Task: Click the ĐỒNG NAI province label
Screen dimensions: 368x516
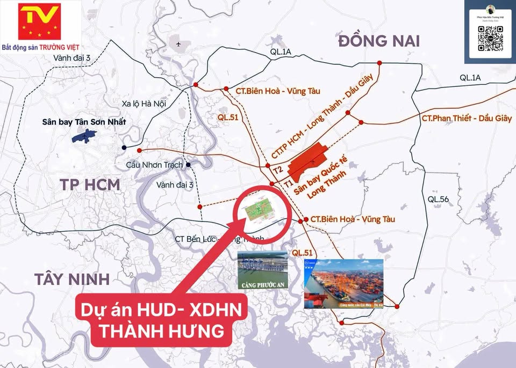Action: [379, 41]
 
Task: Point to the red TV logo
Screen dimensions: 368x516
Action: [39, 21]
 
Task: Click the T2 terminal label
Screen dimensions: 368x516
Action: [278, 170]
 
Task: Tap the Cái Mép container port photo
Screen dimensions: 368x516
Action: [343, 284]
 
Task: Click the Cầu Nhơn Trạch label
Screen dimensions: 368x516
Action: [154, 165]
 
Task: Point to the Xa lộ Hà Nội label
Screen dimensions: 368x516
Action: [144, 103]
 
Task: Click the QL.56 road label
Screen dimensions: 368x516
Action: [438, 199]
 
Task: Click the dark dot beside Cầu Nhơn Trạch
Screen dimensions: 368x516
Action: [188, 165]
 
